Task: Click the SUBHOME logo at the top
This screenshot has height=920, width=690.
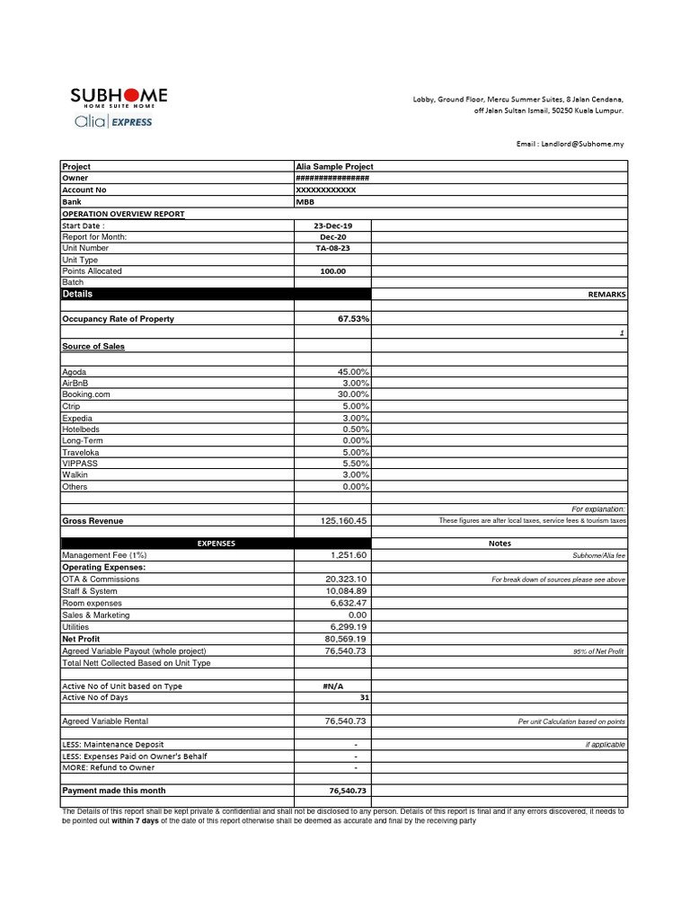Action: [x=119, y=97]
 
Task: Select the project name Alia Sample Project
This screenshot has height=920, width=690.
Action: [x=334, y=166]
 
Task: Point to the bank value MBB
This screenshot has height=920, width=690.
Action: [x=305, y=202]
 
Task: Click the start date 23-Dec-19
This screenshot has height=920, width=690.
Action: [x=333, y=226]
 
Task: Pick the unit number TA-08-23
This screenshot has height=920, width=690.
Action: [x=332, y=248]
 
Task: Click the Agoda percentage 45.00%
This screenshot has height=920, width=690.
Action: [x=353, y=372]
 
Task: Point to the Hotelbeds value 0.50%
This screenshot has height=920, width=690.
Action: [x=356, y=429]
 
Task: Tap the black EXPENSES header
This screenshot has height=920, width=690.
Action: [x=216, y=544]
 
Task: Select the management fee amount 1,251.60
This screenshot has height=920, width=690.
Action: [x=349, y=556]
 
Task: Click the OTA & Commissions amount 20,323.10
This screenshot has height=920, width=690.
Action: [x=346, y=579]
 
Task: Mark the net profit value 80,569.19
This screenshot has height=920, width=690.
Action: [x=346, y=639]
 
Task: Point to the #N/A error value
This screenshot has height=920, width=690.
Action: [x=333, y=686]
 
